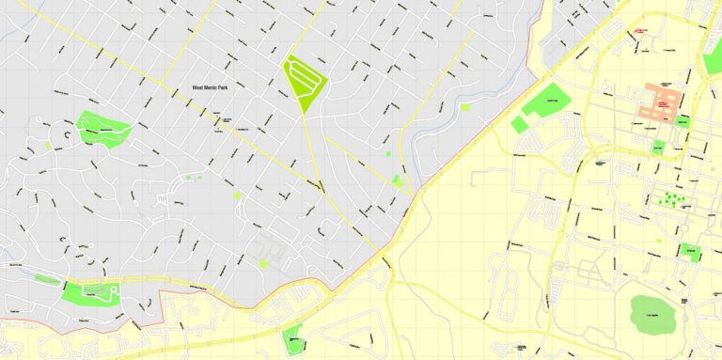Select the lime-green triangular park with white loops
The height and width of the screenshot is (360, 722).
coord(306,78)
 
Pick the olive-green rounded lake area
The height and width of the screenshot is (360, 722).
coord(650,313)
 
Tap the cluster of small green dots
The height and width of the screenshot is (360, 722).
coord(668,198)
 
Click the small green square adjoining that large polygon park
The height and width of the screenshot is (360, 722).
coord(519,124)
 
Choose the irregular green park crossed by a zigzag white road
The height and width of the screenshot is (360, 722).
coord(102,129)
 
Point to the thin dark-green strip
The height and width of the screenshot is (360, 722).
coord(45,278)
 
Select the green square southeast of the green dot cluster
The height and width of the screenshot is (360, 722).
coord(691,252)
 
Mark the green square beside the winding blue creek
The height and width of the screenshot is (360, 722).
coord(465,107)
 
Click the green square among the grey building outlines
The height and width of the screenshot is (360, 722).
coord(263,264)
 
